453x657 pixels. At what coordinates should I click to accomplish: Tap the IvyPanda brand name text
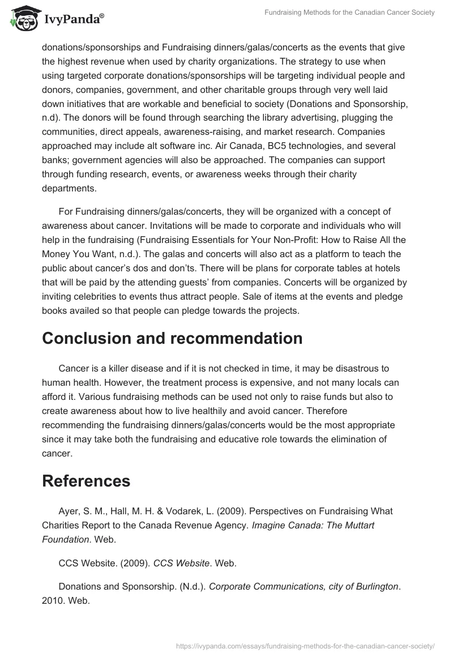click(74, 19)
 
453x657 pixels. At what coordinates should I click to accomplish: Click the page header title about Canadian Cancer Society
click(349, 13)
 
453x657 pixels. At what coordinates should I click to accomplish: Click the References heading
click(86, 481)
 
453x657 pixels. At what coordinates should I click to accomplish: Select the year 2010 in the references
click(53, 601)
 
